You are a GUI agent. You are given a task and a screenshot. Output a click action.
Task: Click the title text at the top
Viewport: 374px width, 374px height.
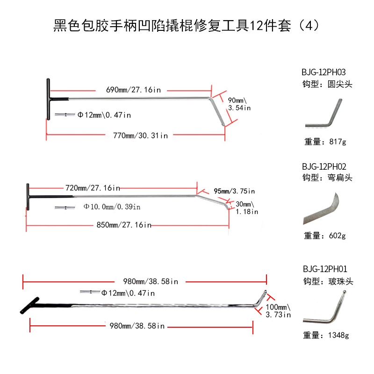tap(187, 25)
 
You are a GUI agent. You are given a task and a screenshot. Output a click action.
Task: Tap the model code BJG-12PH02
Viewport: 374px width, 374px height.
tap(327, 166)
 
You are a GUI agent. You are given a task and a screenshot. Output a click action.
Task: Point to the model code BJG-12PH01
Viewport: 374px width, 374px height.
tap(327, 269)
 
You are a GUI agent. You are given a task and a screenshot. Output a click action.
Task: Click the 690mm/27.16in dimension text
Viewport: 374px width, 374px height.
tap(131, 89)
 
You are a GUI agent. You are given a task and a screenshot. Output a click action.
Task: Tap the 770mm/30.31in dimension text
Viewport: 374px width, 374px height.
tap(140, 136)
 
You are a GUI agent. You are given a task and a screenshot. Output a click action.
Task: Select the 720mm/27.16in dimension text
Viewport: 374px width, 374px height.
tap(93, 188)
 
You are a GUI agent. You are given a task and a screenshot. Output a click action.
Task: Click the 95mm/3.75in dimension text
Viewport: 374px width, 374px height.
tap(234, 191)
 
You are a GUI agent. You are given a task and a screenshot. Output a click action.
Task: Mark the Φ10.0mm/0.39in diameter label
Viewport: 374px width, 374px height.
tap(112, 207)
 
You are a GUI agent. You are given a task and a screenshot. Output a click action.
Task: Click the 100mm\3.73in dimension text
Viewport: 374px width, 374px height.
tap(278, 311)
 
